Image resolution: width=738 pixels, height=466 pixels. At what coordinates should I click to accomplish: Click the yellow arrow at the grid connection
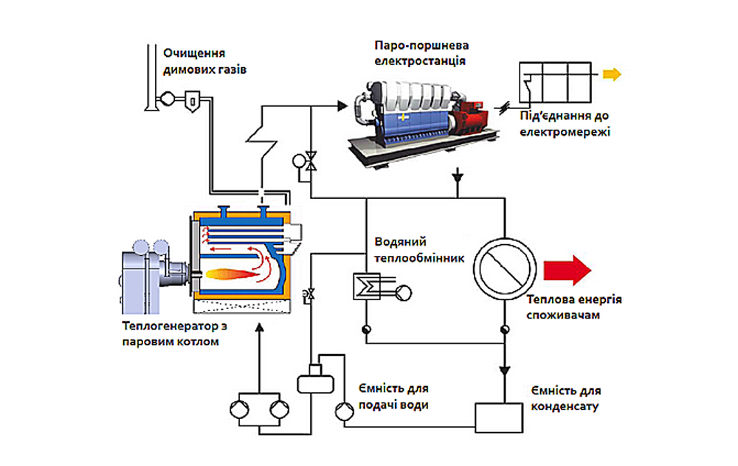(x=612, y=74)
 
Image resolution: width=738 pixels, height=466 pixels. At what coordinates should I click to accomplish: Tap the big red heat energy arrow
(x=567, y=270)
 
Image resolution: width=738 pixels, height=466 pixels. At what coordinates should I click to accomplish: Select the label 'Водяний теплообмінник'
(x=419, y=250)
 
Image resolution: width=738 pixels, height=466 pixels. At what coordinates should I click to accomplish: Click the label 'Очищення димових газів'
(x=204, y=61)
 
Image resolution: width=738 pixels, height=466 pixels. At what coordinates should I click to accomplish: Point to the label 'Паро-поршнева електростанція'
(x=421, y=52)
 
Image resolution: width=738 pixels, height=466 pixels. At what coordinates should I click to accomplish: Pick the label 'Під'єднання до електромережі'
(x=565, y=124)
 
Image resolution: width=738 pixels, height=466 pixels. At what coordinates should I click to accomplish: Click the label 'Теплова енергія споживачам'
(x=573, y=307)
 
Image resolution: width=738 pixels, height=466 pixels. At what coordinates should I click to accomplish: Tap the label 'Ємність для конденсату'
(x=566, y=398)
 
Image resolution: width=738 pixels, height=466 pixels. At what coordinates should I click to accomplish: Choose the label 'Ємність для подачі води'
(x=393, y=397)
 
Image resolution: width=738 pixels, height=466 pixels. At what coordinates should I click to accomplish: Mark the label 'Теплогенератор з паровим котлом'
(x=174, y=333)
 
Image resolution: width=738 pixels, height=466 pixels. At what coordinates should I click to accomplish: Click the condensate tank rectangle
(x=498, y=417)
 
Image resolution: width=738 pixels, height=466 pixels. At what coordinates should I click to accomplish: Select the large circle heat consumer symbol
(x=505, y=269)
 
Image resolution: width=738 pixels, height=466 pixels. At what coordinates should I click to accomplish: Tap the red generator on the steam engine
(x=471, y=117)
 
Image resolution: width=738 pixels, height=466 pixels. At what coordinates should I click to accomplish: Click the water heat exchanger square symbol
(x=367, y=286)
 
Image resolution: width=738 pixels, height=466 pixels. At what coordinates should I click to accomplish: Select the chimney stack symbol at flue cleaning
(x=151, y=77)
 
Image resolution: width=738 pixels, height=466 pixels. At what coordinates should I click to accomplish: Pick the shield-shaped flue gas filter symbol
(x=192, y=101)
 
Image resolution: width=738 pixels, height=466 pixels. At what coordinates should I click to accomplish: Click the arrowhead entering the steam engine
(x=342, y=106)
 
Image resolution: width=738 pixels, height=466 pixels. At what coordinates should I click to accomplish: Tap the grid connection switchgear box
(x=555, y=83)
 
